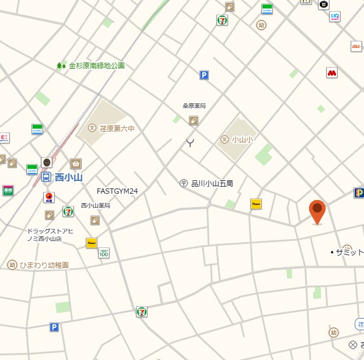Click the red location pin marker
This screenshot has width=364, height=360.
(317, 211)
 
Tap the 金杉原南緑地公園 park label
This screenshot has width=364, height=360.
(97, 65)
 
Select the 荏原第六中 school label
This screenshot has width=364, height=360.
(117, 128)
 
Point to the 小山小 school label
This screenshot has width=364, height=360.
(242, 139)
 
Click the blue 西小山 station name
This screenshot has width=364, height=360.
(68, 177)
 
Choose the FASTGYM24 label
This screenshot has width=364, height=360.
(117, 191)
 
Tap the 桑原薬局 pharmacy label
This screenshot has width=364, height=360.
(194, 106)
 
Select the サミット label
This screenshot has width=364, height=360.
(349, 252)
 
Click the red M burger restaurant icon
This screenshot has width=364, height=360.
(332, 73)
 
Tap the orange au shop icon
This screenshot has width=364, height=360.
(356, 46)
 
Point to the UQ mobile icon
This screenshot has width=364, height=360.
(335, 16)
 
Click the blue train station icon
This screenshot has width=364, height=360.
(45, 177)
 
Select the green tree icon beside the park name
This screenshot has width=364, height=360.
(61, 66)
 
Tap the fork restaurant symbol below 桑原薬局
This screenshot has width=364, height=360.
(190, 142)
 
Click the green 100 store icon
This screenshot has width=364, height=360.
(104, 253)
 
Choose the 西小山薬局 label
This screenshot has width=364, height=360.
(96, 205)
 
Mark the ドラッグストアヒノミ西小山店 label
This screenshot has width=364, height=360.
(50, 235)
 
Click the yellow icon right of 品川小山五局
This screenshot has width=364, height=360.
(256, 204)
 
